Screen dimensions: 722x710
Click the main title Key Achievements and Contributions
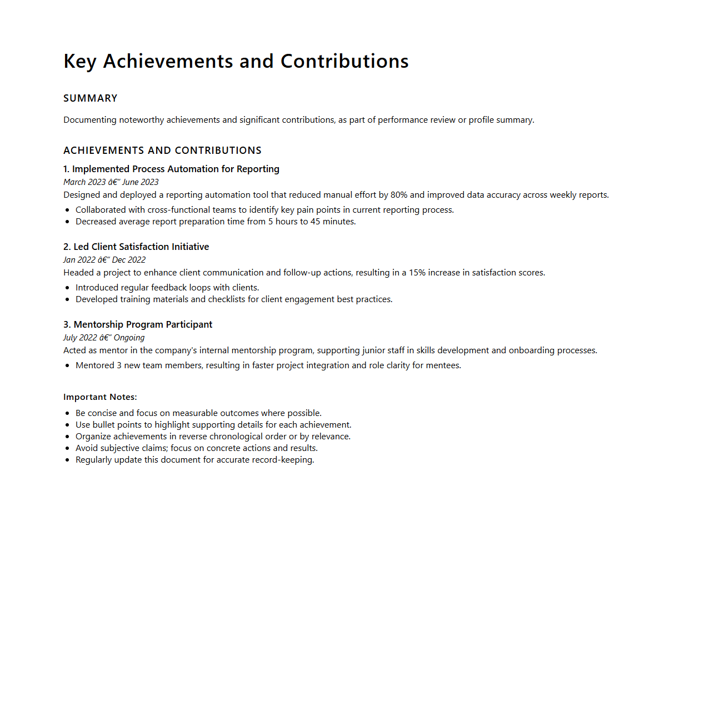coord(236,61)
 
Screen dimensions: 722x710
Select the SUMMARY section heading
coord(91,98)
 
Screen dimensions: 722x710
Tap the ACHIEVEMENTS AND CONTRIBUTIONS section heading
coord(162,151)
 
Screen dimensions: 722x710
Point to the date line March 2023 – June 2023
coord(111,182)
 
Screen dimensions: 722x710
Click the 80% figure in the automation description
coord(399,195)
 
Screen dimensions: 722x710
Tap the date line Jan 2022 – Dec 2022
coord(104,260)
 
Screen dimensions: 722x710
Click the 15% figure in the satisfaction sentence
coord(417,273)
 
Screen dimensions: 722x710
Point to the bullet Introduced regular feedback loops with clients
coord(167,288)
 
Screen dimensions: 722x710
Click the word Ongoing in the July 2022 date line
coord(129,338)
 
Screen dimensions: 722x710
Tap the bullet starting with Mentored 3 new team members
coord(268,365)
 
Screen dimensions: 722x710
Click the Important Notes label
coord(100,397)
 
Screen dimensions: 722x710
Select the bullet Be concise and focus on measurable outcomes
coord(198,413)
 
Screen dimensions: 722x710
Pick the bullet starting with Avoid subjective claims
coord(197,448)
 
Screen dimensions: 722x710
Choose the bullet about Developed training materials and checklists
coord(234,299)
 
